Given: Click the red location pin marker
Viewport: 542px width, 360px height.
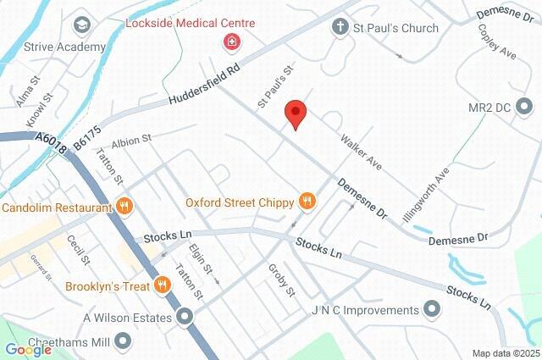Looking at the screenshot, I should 295,114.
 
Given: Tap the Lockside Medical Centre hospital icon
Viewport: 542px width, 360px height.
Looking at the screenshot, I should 230,42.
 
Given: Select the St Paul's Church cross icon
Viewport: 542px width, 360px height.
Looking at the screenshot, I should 340,28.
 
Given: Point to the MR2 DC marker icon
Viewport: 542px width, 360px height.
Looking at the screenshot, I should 527,108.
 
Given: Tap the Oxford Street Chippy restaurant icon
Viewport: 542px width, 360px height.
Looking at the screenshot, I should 307,202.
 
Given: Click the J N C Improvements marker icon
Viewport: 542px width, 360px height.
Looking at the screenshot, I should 433,309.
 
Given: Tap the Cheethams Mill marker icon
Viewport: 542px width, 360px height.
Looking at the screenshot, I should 124,341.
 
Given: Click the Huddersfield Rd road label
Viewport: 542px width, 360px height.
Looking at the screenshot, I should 206,86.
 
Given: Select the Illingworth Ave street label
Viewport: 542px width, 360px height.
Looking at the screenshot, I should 426,192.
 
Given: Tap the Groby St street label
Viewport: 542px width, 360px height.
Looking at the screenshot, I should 281,280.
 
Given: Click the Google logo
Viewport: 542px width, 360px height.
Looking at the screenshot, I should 27,349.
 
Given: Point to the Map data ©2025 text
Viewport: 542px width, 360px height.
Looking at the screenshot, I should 505,353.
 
